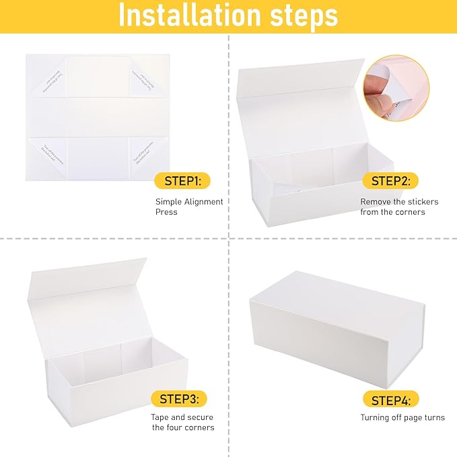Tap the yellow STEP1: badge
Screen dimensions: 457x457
click(182, 180)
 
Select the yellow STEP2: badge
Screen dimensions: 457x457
click(390, 180)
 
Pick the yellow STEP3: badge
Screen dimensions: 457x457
click(178, 399)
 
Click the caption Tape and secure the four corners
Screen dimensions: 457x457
click(182, 422)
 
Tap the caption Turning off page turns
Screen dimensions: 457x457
click(402, 418)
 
